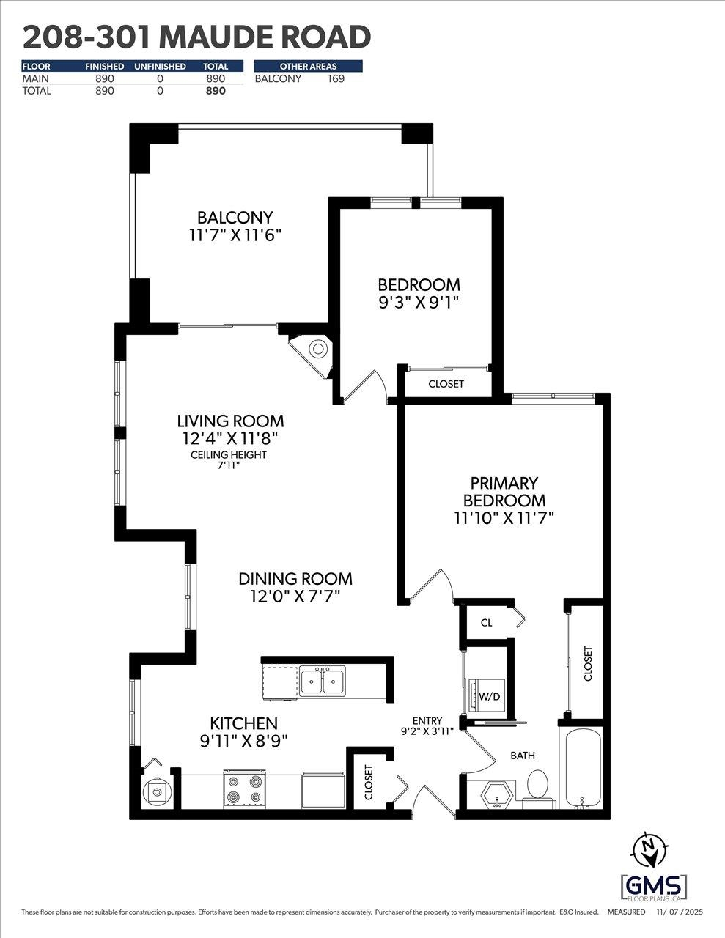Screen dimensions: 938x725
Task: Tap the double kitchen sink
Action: pos(323,682)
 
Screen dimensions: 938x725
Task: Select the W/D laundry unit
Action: pos(486,695)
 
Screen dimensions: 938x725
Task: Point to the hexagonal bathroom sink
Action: pos(497,794)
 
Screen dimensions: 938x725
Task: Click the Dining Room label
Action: pos(295,579)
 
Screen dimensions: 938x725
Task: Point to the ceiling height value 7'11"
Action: pos(228,465)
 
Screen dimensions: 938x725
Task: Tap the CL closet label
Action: pos(486,623)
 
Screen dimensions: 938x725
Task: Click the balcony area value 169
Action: pos(335,79)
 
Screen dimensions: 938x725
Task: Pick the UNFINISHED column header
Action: pos(160,67)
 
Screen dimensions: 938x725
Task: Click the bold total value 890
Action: pos(215,91)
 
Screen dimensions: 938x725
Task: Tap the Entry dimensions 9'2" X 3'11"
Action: pos(427,731)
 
